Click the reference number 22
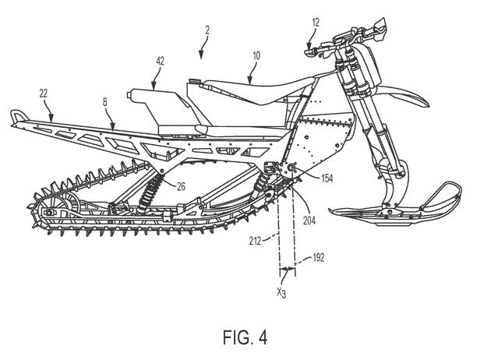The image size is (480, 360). pos(44,92)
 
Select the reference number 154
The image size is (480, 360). pos(325,178)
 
